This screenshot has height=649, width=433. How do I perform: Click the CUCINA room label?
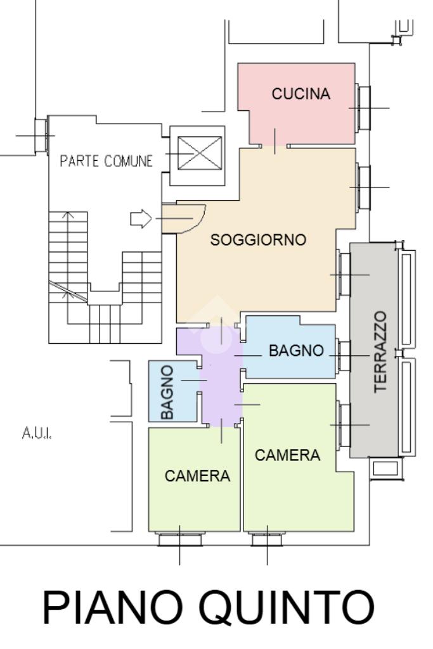301,94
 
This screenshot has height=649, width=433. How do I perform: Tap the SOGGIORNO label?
258,239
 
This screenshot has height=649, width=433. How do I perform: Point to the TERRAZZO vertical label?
380,352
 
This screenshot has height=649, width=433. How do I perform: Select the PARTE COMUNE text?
106,161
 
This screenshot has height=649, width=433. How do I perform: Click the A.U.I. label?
37,433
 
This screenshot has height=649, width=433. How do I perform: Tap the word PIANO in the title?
113,607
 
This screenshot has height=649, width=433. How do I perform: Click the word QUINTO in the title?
287,608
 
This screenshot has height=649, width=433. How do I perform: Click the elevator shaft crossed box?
199,153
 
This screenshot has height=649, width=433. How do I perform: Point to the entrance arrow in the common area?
141,218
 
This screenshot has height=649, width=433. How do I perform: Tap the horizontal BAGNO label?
296,351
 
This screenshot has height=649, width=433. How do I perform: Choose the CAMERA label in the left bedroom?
197,476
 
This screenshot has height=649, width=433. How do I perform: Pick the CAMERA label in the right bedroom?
288,455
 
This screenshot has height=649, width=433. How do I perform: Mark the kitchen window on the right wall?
363,108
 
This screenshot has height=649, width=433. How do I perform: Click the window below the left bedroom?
180,539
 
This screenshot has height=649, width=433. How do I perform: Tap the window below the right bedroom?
268,539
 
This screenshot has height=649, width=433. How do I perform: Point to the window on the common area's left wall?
41,135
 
